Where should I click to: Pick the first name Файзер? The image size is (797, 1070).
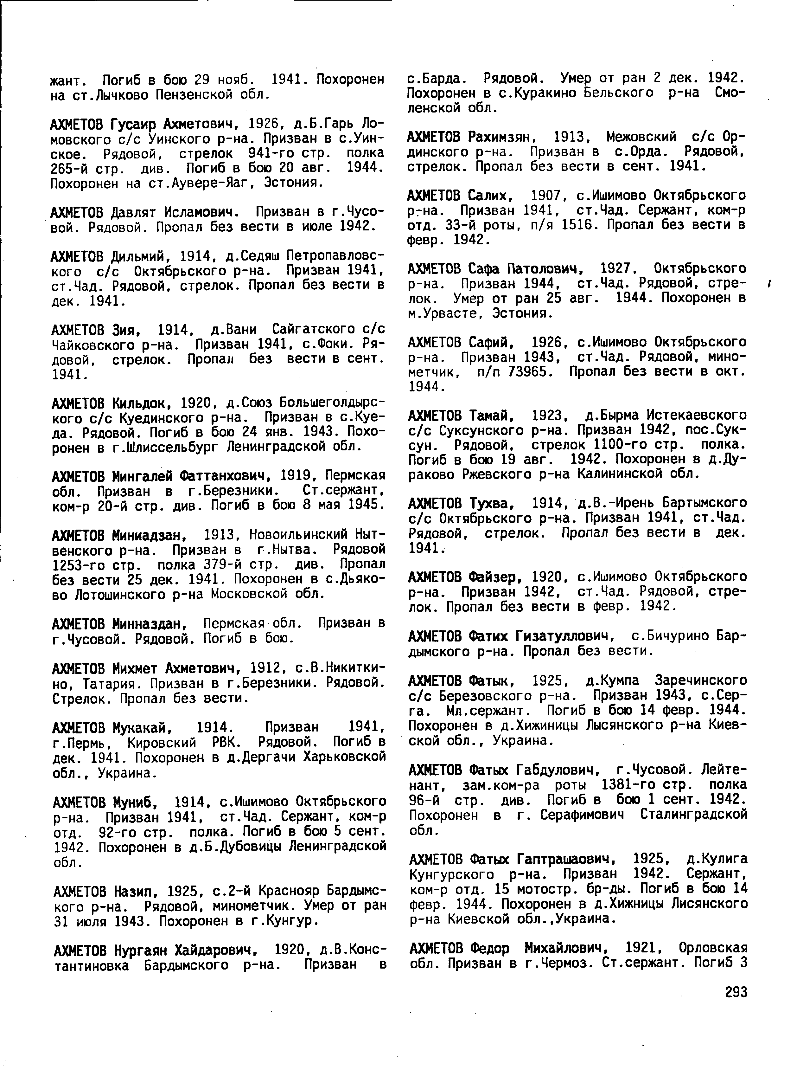(495, 577)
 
